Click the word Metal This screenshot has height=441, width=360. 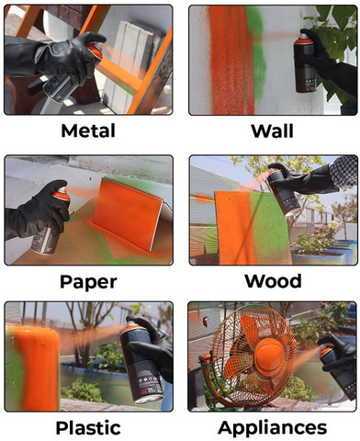click(x=88, y=130)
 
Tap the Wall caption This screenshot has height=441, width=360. click(x=272, y=131)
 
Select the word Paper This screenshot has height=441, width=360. click(x=88, y=282)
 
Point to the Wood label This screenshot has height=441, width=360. click(x=273, y=281)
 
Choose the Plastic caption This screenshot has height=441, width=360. click(x=88, y=428)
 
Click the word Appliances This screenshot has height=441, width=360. click(x=272, y=428)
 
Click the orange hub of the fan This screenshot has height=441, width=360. click(x=270, y=356)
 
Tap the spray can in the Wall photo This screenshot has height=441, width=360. click(x=305, y=62)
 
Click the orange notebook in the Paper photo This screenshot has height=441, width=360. click(x=129, y=212)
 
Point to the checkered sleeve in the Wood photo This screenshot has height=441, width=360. click(x=344, y=172)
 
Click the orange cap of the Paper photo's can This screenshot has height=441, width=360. click(x=62, y=194)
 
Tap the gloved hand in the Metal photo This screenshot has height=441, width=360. click(x=71, y=57)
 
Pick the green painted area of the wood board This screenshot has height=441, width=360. click(x=269, y=227)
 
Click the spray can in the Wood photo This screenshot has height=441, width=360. click(x=283, y=192)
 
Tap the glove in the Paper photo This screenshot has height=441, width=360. click(x=37, y=211)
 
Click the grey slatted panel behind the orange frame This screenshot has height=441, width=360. click(x=131, y=62)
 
